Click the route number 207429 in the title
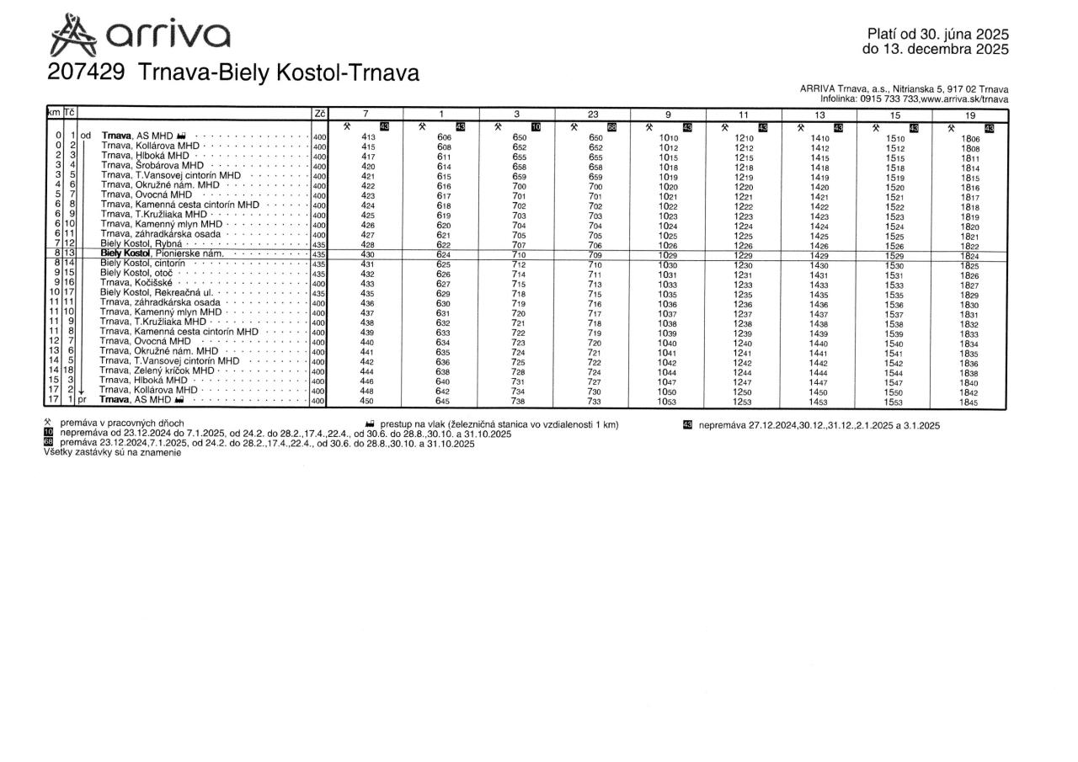pos(87,73)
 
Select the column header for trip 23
pos(593,114)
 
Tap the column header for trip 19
pos(970,114)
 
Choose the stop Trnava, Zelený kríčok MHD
pos(157,370)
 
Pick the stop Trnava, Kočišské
pos(139,283)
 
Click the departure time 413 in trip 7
pos(368,137)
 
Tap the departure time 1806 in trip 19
pos(970,137)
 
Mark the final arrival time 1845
pos(970,402)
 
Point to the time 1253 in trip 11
pos(743,402)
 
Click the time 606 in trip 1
pos(444,137)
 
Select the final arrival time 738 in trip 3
pos(519,402)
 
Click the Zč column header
pos(319,114)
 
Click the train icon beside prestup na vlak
pos(371,425)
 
